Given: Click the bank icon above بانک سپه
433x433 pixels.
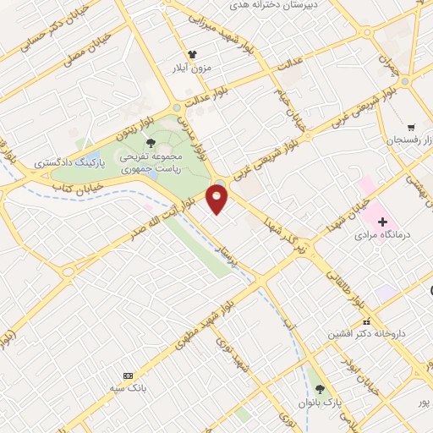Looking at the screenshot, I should tap(128, 375).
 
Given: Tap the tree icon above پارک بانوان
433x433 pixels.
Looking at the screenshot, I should tap(320, 389).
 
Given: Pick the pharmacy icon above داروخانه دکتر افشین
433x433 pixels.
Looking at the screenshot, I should tap(365, 322).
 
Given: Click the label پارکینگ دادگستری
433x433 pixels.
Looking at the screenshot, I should tap(63, 160).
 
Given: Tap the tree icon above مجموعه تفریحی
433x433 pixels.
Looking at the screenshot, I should tap(151, 142).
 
